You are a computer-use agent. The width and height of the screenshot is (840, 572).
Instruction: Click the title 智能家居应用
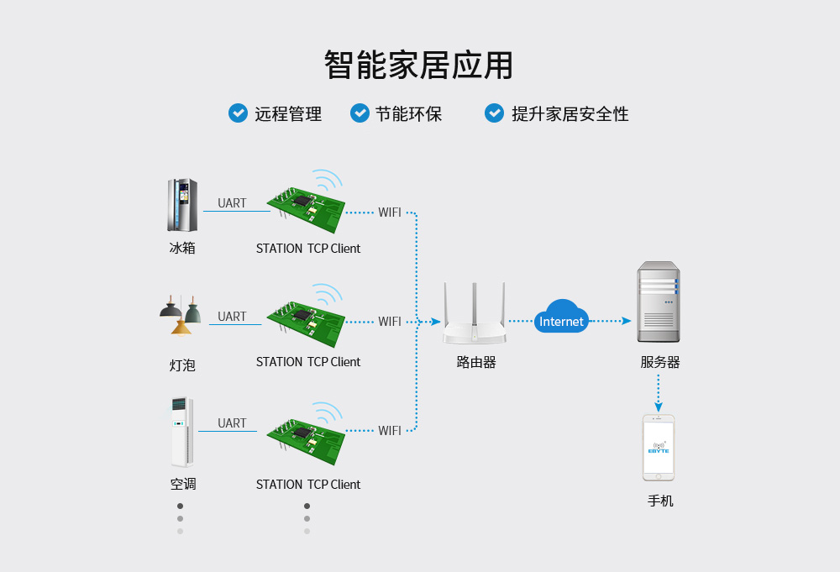point(418,65)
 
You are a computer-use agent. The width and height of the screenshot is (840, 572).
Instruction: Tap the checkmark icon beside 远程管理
point(238,113)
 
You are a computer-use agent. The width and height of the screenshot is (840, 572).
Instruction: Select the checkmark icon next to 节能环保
point(360,113)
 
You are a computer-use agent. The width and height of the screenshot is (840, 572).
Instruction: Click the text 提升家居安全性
point(570,114)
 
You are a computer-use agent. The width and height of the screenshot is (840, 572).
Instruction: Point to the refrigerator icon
point(182,205)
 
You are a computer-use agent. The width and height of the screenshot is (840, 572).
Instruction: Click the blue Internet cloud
point(561,317)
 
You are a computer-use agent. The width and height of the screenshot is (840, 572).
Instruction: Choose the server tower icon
point(658,302)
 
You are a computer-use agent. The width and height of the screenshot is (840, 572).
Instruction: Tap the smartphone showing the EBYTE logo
point(659,448)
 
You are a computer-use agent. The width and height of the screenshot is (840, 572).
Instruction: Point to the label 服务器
point(659,362)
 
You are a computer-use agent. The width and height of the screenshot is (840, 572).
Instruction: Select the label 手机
point(660,501)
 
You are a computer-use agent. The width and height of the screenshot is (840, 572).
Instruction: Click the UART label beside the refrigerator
point(232,203)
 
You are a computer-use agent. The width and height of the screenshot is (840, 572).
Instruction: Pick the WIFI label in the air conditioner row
point(390,430)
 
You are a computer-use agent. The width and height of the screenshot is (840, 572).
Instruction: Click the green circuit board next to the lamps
point(307,322)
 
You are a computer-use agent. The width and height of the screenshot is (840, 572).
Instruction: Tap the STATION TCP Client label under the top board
point(308,249)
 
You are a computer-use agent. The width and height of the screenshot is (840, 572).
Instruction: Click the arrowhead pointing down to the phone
point(659,407)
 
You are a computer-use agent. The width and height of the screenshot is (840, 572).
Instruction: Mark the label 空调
point(182,484)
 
